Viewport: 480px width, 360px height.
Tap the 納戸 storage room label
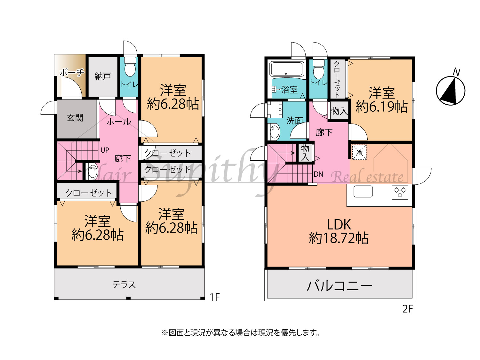tap(103, 76)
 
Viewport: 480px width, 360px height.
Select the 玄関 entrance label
tap(75, 118)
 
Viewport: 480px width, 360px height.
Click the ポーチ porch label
tap(72, 72)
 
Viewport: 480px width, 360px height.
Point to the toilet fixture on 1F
tap(130, 67)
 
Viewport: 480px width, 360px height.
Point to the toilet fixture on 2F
tap(319, 69)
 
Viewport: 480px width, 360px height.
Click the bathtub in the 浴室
tap(286, 68)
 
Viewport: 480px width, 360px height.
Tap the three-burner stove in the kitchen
tap(400, 192)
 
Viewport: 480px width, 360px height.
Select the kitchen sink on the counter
tap(363, 191)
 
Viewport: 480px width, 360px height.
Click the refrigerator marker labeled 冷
tap(359, 152)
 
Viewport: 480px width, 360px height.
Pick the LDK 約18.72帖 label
tap(339, 231)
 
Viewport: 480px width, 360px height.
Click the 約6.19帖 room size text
tap(381, 107)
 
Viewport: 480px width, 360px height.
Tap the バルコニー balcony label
tap(340, 286)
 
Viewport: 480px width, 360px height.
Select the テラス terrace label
tap(124, 285)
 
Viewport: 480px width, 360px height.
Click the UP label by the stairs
tap(105, 150)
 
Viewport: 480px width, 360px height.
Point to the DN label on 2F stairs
tap(318, 174)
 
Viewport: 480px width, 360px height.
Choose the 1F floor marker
tap(214, 297)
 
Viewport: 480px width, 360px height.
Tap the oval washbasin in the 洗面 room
tap(275, 132)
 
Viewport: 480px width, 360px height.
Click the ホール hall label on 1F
tap(119, 122)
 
